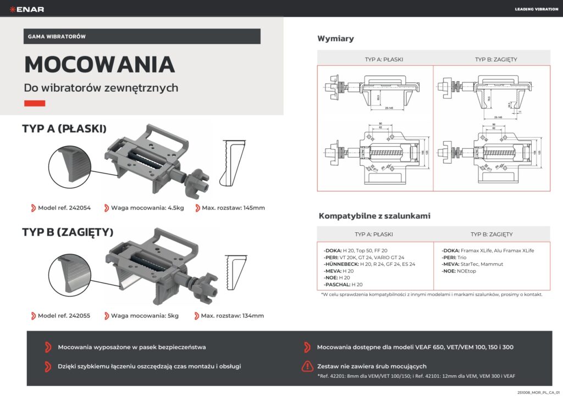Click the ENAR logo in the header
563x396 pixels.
(30, 9)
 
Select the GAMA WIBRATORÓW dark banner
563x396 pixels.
(142, 36)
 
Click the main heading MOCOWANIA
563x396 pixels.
(100, 64)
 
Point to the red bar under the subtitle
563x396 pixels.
(35, 103)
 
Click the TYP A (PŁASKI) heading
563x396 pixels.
(64, 129)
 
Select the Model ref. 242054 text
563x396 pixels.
(64, 208)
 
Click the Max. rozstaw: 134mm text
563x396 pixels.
(233, 316)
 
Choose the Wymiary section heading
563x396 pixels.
(335, 38)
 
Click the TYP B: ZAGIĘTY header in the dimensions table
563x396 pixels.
(495, 59)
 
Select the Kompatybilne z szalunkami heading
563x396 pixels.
(373, 216)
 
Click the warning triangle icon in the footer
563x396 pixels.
(308, 366)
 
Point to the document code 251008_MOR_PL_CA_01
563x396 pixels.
(537, 392)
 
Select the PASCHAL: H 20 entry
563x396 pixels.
(344, 285)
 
